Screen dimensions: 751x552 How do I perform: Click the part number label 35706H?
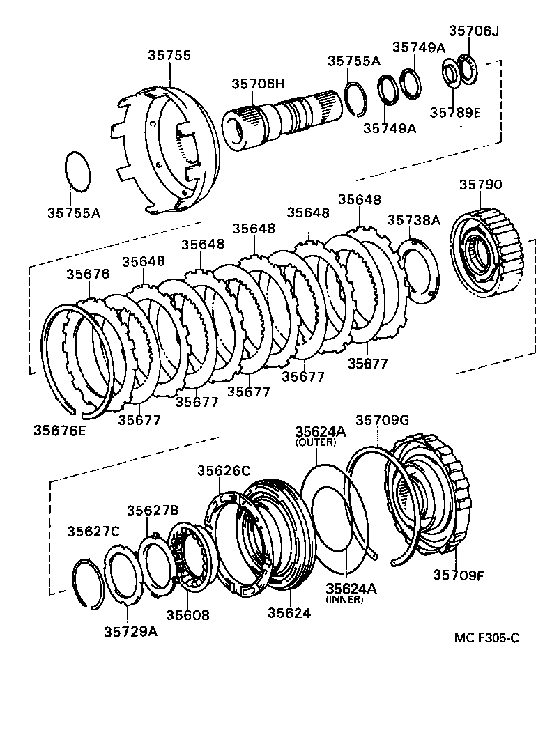point(258,84)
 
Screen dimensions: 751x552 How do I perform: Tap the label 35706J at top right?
point(474,31)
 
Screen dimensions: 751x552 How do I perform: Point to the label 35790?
point(480,185)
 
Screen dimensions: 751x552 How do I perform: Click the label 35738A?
point(414,220)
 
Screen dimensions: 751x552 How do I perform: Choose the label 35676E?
point(59,430)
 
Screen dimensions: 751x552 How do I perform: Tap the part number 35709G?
point(382,420)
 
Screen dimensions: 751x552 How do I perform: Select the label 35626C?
point(223,471)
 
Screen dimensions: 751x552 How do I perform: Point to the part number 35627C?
point(93,532)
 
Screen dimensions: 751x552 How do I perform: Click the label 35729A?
point(131,631)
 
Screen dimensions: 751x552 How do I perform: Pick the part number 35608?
point(187,615)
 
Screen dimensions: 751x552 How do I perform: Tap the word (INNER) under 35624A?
point(344,600)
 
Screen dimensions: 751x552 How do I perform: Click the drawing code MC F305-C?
point(486,637)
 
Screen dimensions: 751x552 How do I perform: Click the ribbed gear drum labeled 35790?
point(488,254)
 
